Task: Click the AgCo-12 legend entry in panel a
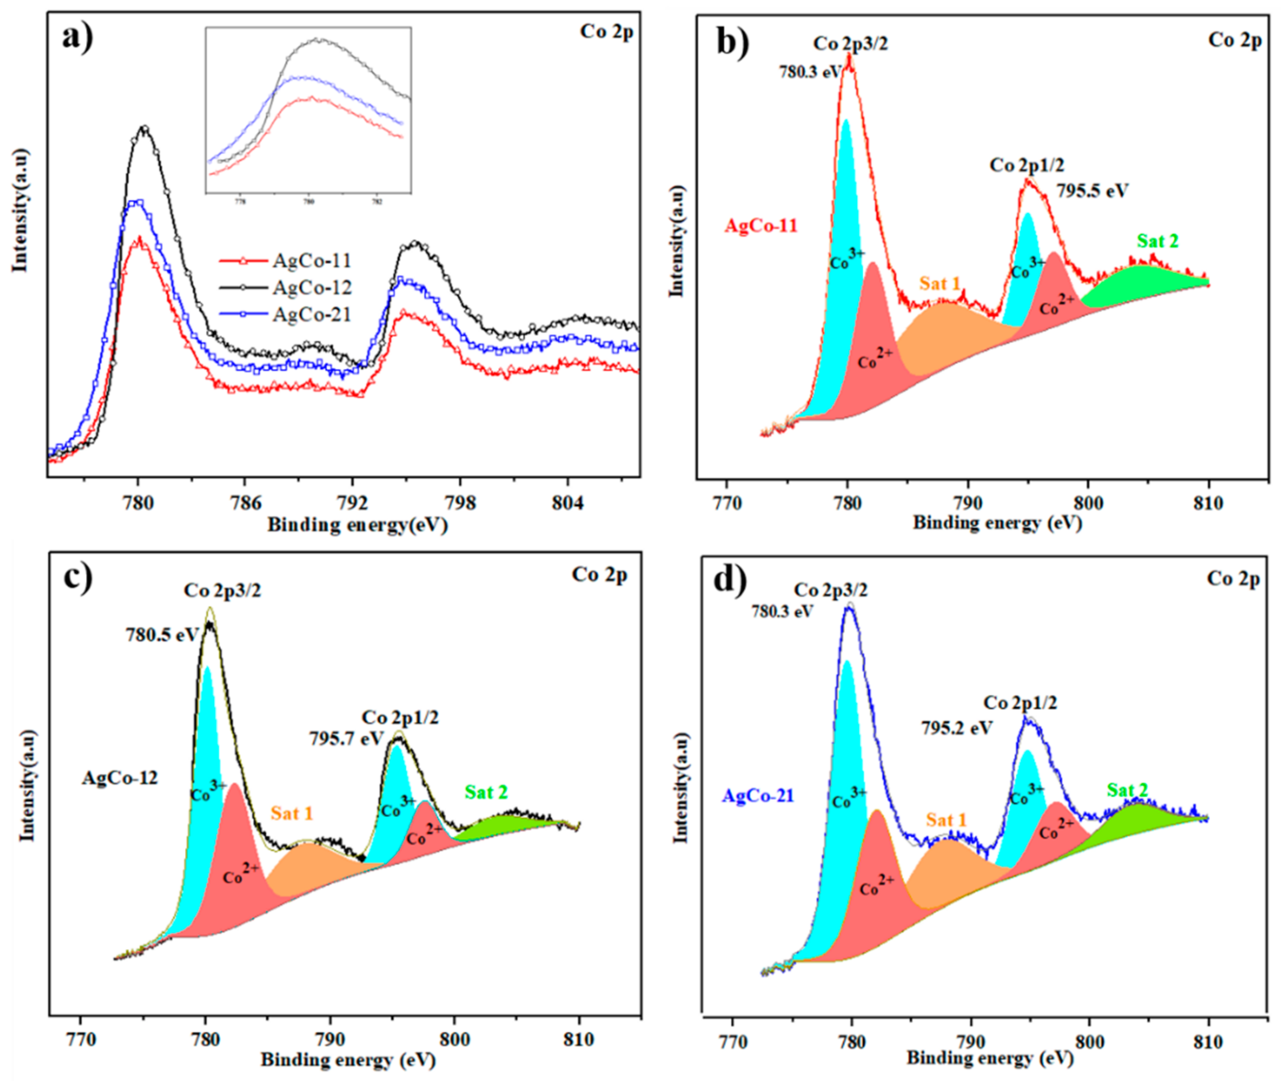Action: pyautogui.click(x=312, y=287)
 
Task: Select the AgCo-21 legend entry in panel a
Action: pyautogui.click(x=312, y=314)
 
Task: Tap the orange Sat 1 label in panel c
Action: pyautogui.click(x=292, y=813)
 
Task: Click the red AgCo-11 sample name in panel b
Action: pyautogui.click(x=761, y=226)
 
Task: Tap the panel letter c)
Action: pyautogui.click(x=79, y=578)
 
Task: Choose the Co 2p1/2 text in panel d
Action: pyautogui.click(x=1020, y=703)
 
